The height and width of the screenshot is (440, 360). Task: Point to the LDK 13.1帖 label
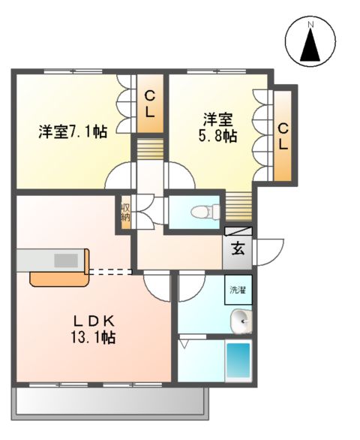click(94, 329)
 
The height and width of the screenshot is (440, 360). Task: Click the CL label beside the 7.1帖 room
click(150, 104)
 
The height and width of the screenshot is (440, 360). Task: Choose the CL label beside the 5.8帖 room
click(283, 135)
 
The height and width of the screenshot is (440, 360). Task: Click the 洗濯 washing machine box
click(238, 290)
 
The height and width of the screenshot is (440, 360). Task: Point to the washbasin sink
click(241, 322)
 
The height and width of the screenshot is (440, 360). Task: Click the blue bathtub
click(238, 361)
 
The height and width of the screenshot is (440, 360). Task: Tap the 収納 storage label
click(125, 212)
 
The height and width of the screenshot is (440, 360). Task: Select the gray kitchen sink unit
click(49, 260)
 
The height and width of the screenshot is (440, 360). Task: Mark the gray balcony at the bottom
click(109, 401)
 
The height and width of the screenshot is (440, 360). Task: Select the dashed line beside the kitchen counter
click(111, 271)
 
